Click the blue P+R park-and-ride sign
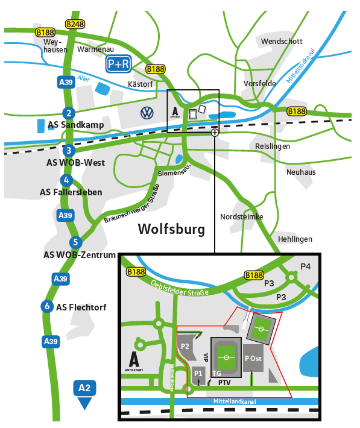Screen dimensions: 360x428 [119, 64]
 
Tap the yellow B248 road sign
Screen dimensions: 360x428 [75, 24]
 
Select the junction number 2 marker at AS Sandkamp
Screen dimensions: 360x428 [69, 113]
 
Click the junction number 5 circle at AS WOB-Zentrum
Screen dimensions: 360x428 [75, 242]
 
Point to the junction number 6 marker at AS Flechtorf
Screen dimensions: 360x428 [47, 306]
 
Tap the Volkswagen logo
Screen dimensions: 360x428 [147, 113]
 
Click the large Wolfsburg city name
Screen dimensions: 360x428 [171, 229]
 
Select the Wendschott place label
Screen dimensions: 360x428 [282, 41]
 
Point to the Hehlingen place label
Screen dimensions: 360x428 [295, 239]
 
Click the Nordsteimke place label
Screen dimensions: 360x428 [242, 217]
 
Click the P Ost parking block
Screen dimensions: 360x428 [253, 358]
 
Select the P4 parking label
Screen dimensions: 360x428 [305, 266]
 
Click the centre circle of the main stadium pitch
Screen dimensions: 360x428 [226, 357]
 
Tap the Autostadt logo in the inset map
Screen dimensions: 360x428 [134, 361]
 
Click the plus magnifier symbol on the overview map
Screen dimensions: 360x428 [215, 133]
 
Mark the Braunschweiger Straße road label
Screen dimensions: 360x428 [131, 205]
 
